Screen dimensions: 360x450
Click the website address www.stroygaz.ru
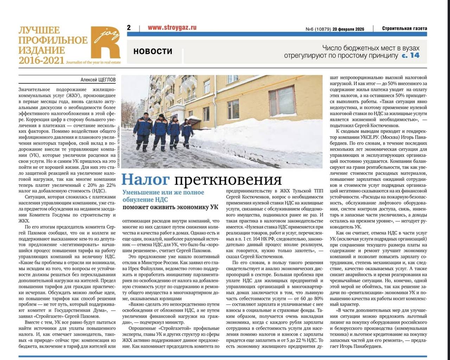click(172, 27)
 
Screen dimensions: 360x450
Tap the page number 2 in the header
click(129, 27)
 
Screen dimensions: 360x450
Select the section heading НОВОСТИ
click(153, 51)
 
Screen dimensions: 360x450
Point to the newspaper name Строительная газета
click(405, 29)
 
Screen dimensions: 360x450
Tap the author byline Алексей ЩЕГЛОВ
click(98, 80)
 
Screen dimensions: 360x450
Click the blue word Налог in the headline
click(145, 179)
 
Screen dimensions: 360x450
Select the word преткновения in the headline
click(228, 179)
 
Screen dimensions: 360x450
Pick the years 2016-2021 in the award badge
click(41, 61)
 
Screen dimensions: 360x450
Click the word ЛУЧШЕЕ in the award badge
click(39, 31)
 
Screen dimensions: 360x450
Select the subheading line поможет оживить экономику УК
click(170, 207)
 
